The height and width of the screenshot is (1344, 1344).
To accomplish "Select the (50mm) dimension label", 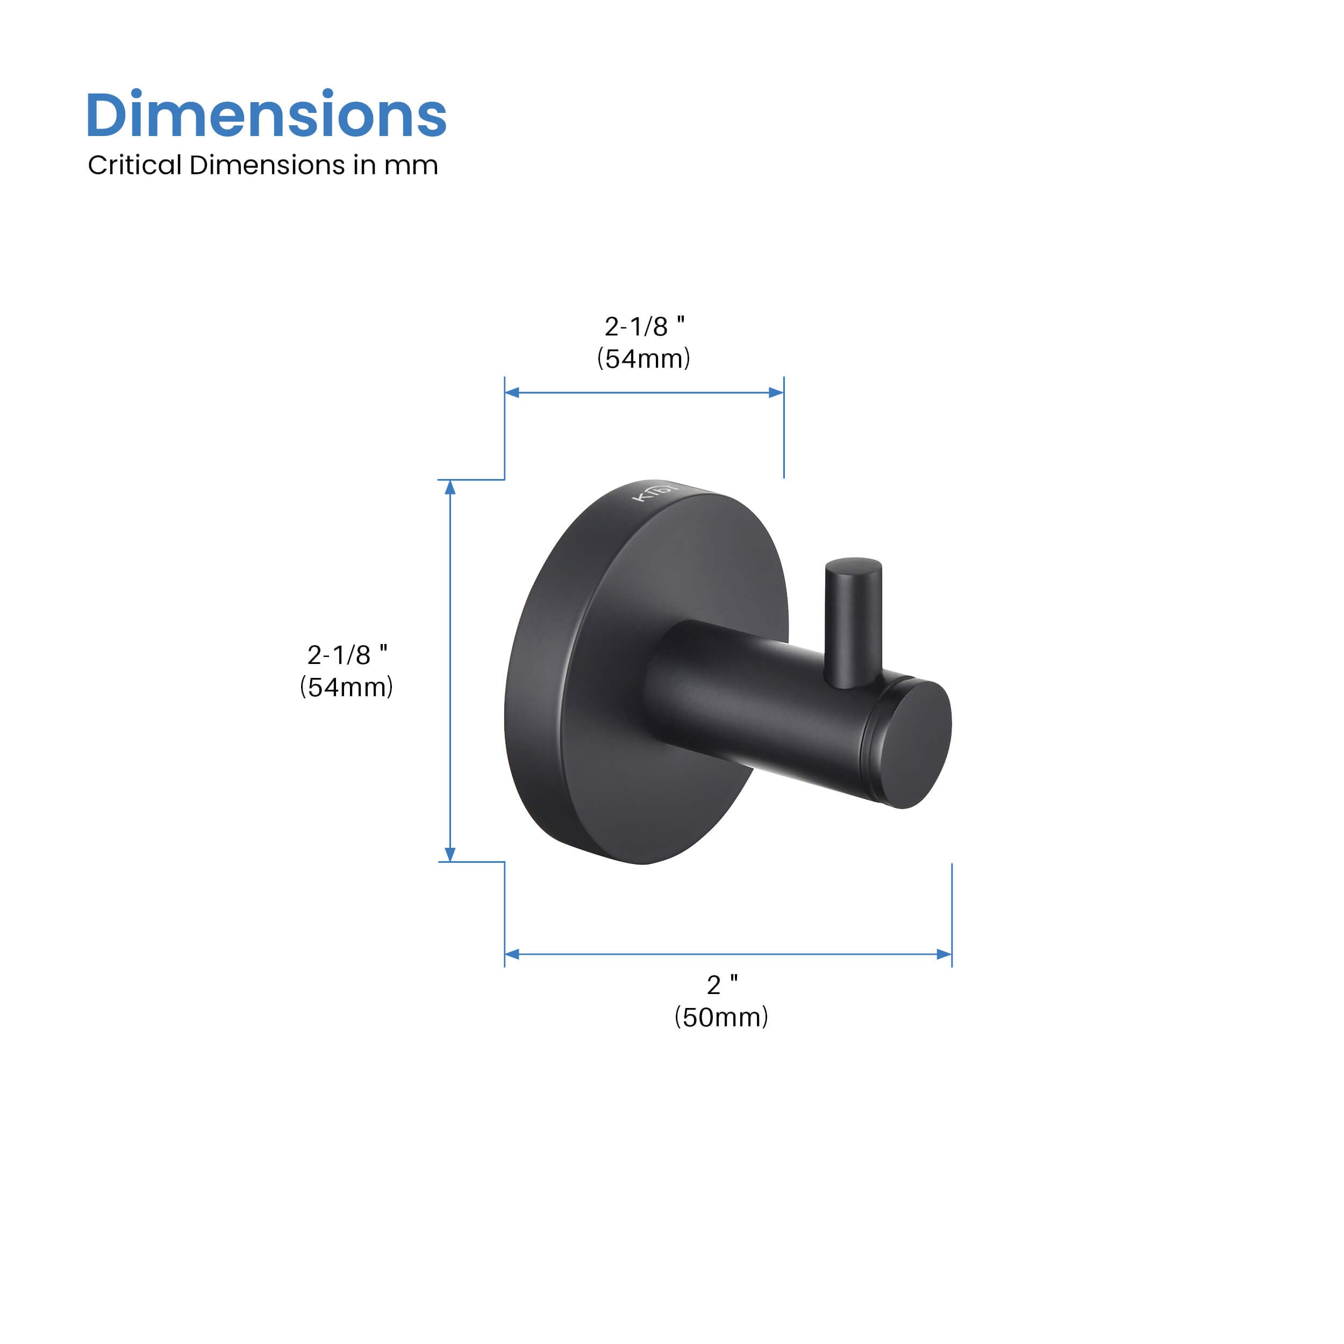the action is click(x=721, y=1017).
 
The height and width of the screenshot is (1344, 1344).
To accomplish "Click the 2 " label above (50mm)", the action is click(x=722, y=984).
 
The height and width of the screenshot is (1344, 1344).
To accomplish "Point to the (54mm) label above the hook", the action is click(x=644, y=358).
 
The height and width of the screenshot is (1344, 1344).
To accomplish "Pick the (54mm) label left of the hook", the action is click(x=346, y=687).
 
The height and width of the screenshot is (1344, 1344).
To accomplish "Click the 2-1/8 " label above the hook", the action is click(x=644, y=326).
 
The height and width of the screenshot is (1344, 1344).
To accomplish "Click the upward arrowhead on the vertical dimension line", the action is click(x=450, y=487).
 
